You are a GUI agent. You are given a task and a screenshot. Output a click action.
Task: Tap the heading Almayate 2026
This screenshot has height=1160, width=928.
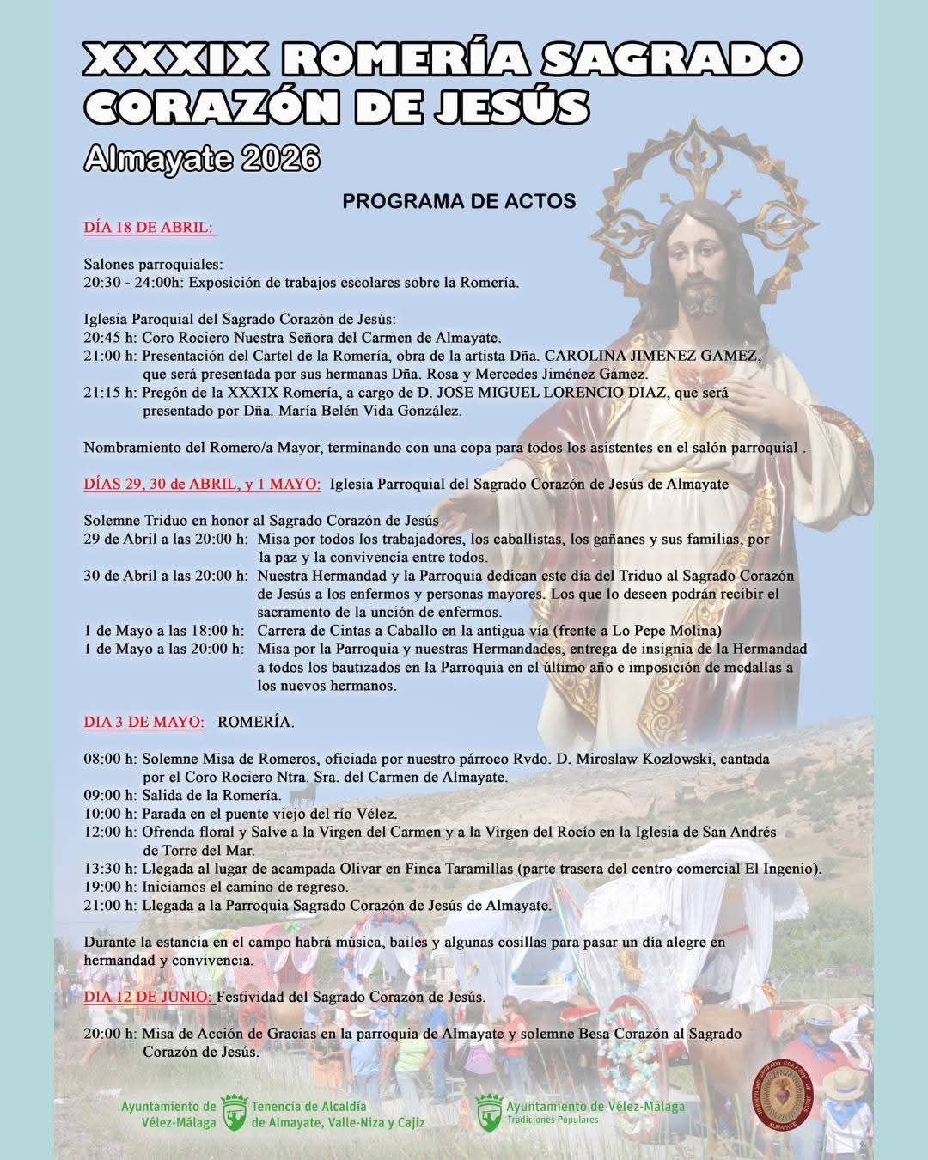[x=202, y=158]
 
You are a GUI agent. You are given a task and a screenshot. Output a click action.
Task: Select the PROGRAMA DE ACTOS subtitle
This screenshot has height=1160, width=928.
[x=459, y=201]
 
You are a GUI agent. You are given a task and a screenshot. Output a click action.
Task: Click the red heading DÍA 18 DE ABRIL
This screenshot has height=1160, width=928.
[x=149, y=228]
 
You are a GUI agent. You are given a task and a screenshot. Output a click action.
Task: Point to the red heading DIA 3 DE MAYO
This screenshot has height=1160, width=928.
[x=143, y=722]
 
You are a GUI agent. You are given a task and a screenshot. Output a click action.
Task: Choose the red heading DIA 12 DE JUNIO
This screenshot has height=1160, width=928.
[x=148, y=998]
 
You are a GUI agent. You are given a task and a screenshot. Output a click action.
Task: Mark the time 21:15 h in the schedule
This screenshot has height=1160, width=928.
[x=109, y=393]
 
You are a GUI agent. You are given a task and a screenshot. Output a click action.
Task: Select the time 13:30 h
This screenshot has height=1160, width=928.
[x=109, y=869]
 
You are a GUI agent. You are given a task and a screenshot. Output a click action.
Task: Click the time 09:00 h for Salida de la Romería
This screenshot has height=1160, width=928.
[x=109, y=795]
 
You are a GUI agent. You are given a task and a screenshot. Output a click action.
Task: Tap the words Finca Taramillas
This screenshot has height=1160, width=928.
[x=450, y=869]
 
